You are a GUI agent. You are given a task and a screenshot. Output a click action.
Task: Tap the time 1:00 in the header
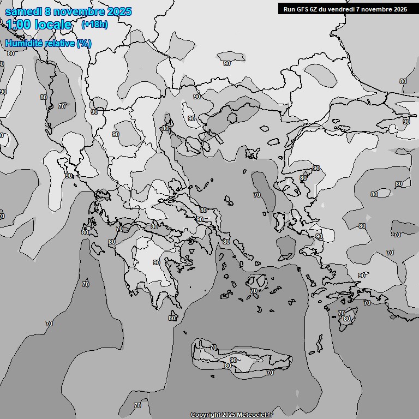(20, 25)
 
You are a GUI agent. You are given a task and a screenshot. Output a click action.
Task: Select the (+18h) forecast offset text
(94, 24)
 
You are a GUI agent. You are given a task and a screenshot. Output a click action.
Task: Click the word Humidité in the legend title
(25, 43)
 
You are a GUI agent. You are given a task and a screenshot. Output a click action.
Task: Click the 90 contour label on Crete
(234, 360)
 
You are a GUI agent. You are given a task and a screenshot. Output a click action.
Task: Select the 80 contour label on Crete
(228, 366)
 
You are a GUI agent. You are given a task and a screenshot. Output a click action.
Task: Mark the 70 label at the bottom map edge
(137, 405)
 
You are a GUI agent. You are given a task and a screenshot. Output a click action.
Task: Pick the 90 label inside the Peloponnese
(157, 262)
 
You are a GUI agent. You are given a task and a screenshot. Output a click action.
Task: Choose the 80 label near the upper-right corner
(403, 81)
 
